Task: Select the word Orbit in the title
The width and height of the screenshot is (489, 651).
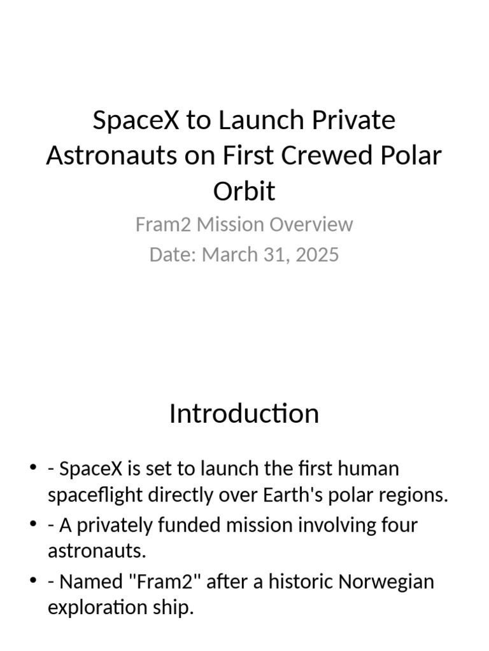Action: pyautogui.click(x=244, y=191)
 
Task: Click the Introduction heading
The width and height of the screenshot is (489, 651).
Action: pyautogui.click(x=244, y=414)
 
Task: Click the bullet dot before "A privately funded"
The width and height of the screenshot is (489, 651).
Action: pyautogui.click(x=33, y=524)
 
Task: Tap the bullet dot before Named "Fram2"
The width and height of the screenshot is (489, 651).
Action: pyautogui.click(x=33, y=580)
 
